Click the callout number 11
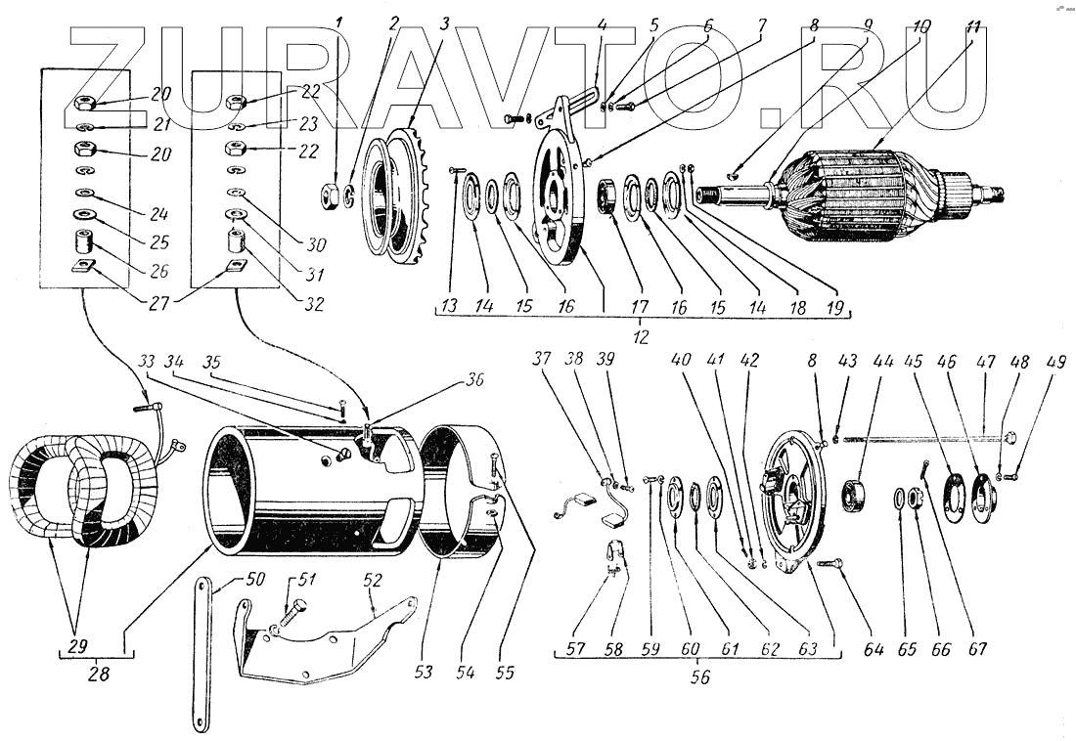coord(971,25)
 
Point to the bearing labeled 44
coord(858,497)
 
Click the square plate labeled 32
coord(236,265)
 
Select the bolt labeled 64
coord(829,563)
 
